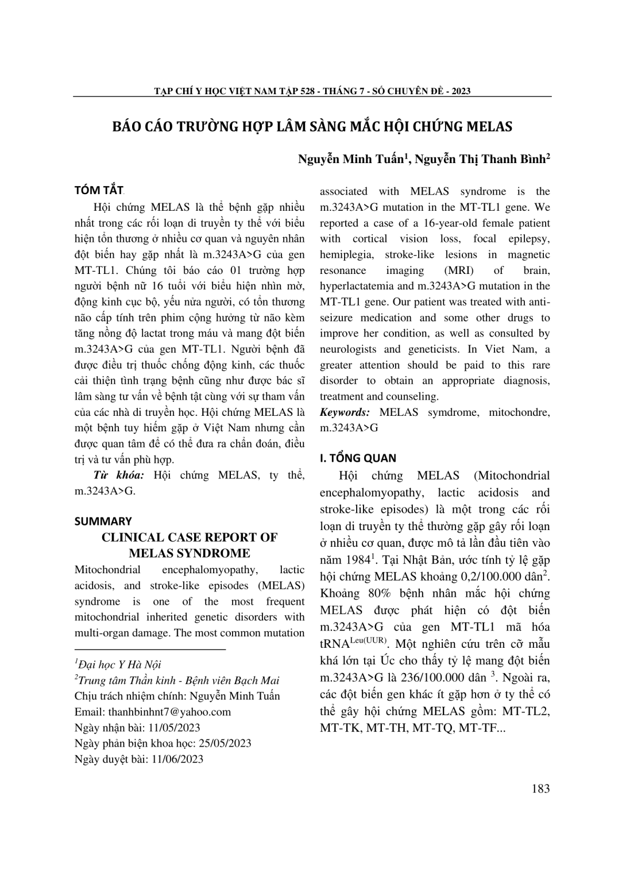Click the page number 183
[x=540, y=788]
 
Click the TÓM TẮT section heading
[x=99, y=190]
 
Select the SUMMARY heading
[x=103, y=521]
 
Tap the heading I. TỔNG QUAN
[x=358, y=458]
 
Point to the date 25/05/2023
[x=225, y=743]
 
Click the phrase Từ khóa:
[x=120, y=475]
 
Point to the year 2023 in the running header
[x=461, y=91]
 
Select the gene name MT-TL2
[x=526, y=711]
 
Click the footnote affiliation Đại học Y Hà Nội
[x=120, y=664]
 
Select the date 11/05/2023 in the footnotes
[x=174, y=728]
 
